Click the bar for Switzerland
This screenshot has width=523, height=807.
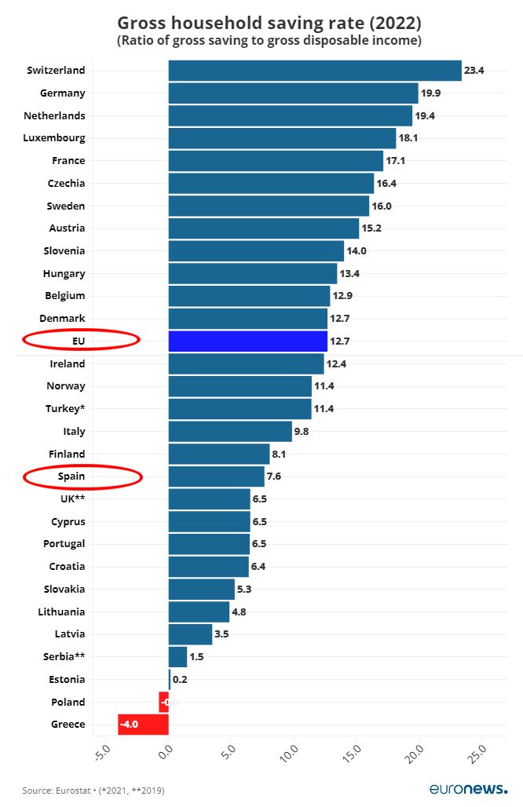314,71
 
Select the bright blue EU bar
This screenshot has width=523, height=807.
247,341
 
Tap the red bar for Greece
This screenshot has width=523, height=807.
143,725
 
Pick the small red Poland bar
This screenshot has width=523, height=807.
163,702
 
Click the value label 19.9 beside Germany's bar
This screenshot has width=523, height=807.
431,93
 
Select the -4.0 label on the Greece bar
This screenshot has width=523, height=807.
129,725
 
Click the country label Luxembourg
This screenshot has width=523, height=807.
58,138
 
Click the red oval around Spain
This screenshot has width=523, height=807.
82,477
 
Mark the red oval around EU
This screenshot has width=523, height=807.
81,340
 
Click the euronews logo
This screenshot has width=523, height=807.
468,788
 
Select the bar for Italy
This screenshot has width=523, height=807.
230,432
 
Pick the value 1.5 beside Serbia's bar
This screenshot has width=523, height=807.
196,656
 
